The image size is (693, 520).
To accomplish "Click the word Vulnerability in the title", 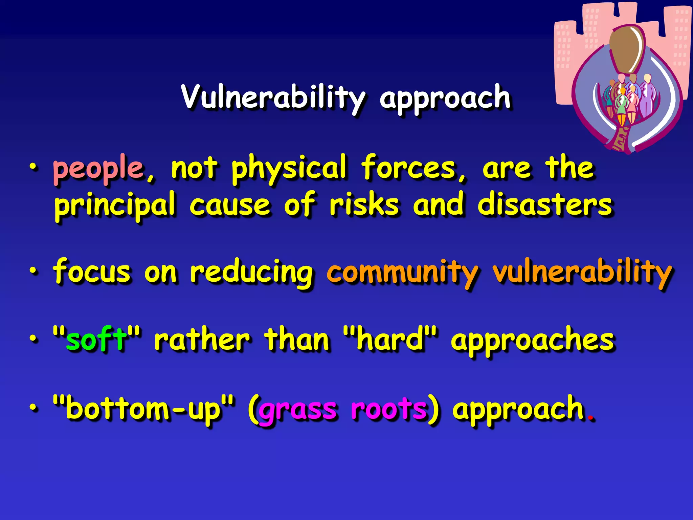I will tap(273, 98).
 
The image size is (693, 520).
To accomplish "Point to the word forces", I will tap(409, 168).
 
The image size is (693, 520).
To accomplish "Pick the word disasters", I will tap(545, 205).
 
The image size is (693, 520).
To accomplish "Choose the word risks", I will tap(364, 205).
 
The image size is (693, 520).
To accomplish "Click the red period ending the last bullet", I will tap(591, 418).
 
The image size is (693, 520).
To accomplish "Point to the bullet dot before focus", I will tap(33, 271).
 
